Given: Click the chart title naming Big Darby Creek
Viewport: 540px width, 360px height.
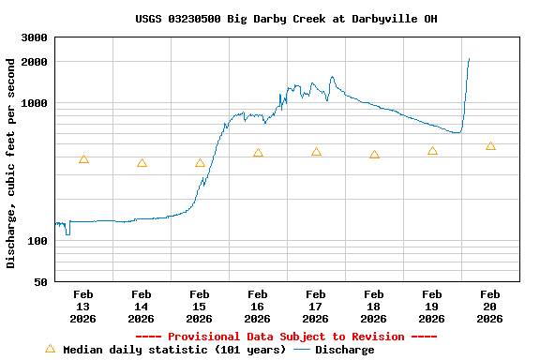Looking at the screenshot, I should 286,19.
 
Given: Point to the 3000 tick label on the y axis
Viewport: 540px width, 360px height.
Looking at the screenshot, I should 35,37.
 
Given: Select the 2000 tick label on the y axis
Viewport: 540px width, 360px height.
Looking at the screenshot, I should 35,62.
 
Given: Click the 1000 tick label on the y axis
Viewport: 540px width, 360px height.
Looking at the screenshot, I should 35,103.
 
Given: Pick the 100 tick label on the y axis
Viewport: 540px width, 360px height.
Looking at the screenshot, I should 38,241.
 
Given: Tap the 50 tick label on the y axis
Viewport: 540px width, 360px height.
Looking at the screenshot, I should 41,282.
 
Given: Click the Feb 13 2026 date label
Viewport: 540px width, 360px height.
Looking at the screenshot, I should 83,306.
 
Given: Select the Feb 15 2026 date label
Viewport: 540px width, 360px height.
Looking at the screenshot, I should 200,306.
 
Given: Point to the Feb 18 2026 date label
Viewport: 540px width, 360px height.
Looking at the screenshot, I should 374,306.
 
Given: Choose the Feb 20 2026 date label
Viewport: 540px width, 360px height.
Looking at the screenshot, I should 490,306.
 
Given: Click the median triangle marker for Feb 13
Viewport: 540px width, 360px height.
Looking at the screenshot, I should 83,159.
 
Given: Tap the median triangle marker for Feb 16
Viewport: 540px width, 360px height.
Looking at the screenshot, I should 258,153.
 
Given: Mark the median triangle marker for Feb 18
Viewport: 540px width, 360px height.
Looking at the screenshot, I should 374,155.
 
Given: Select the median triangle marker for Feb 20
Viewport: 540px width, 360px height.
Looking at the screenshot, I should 490,146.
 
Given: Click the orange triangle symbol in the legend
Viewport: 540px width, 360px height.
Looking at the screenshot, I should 50,349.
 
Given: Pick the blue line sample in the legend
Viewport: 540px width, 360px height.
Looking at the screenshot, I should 301,350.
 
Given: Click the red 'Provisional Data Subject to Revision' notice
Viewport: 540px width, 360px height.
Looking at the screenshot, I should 286,337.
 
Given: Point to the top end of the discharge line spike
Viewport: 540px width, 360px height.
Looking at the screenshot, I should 469,58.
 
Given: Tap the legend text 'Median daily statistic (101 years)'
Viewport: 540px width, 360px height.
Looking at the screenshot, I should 174,350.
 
